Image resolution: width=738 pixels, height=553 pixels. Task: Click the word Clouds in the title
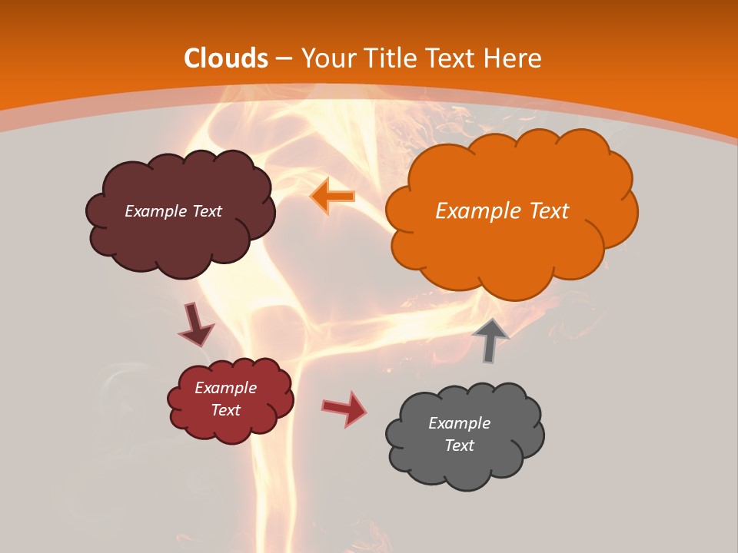(x=226, y=58)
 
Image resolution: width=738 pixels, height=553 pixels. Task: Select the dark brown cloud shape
(x=179, y=238)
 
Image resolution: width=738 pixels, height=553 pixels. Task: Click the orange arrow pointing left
(x=333, y=197)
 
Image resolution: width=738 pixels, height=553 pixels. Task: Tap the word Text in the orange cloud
(x=549, y=211)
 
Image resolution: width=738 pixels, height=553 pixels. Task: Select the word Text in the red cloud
(x=226, y=410)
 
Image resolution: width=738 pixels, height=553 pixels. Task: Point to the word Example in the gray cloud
(x=459, y=423)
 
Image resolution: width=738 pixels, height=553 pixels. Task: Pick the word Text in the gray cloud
(x=459, y=445)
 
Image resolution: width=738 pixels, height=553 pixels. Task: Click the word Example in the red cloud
(x=226, y=388)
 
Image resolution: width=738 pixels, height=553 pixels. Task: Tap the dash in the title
(x=284, y=59)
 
